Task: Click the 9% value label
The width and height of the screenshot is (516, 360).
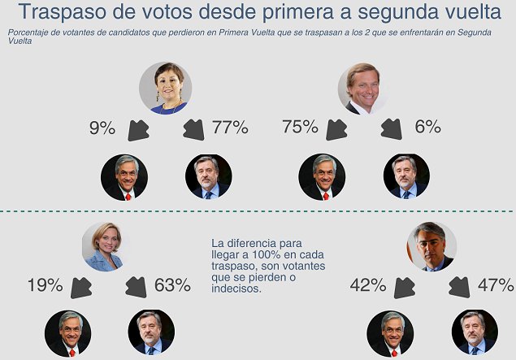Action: [x=102, y=128]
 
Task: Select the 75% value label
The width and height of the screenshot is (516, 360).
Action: [x=301, y=128]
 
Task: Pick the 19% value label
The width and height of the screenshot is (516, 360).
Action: [x=44, y=285]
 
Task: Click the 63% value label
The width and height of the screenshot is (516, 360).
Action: [x=171, y=285]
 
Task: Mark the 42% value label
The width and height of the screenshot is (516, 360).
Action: [x=368, y=285]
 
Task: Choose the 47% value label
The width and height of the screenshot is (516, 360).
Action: [x=495, y=285]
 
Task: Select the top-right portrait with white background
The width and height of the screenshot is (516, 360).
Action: [x=362, y=88]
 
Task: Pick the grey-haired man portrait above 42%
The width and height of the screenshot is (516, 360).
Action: [x=431, y=245]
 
